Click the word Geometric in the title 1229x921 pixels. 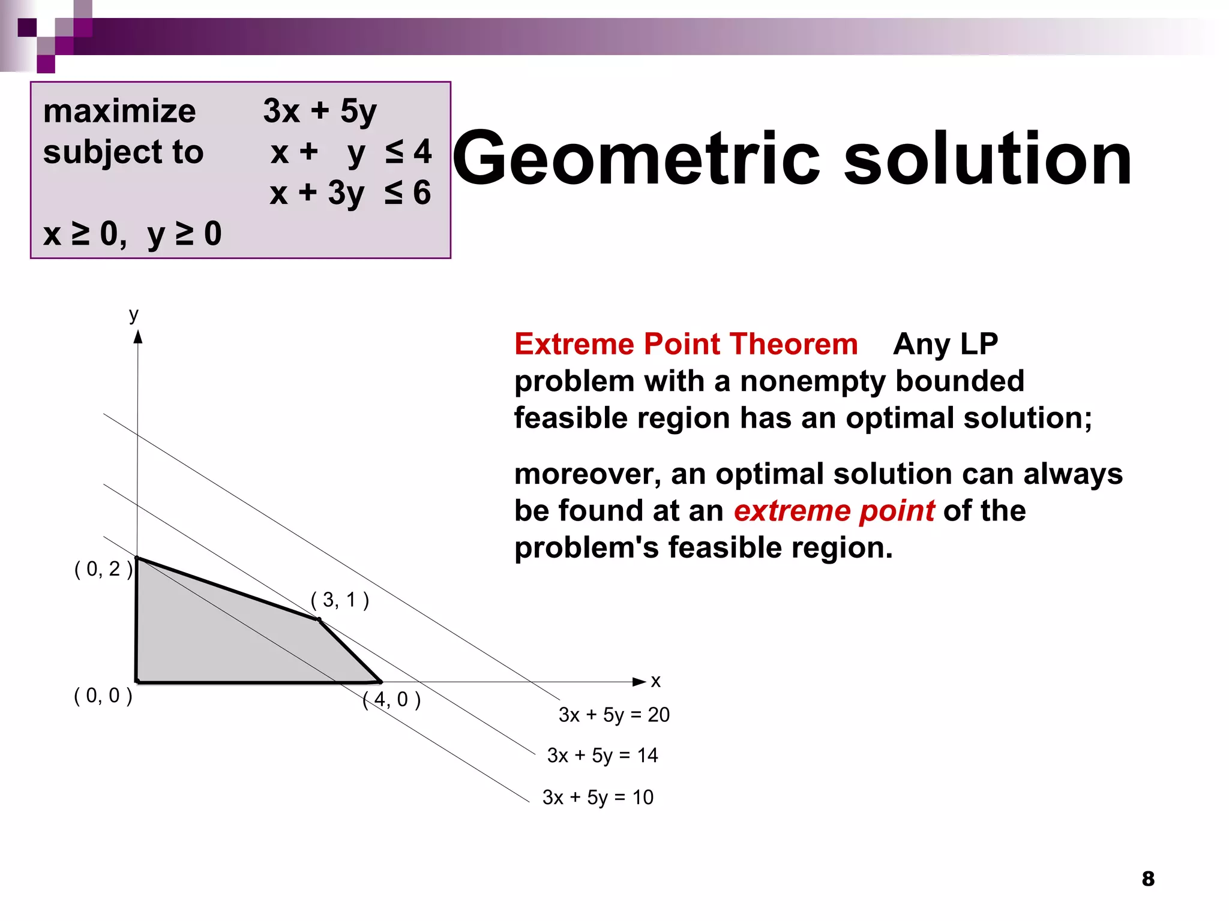click(x=636, y=159)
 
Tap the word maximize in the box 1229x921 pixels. click(x=119, y=112)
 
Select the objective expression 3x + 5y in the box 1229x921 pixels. click(x=320, y=112)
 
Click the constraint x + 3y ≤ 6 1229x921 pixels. click(x=350, y=193)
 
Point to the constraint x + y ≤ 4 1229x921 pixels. click(x=351, y=152)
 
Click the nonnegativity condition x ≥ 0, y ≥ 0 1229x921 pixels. click(x=133, y=234)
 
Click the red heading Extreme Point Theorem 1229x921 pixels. click(x=686, y=344)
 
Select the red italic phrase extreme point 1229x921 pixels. click(x=834, y=511)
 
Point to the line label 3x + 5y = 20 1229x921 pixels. click(x=614, y=715)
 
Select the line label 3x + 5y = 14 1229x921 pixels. click(x=602, y=756)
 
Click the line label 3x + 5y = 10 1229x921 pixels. click(x=598, y=797)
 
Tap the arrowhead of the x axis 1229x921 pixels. click(x=640, y=682)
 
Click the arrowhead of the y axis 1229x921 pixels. click(x=138, y=337)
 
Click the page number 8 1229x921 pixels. click(x=1148, y=879)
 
